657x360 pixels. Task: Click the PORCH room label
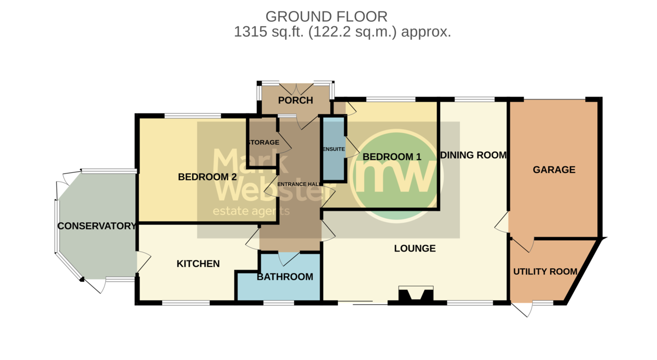tap(295, 100)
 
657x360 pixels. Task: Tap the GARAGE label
tap(554, 170)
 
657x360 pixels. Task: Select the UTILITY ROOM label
tap(545, 271)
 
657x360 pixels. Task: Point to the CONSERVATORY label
tap(97, 226)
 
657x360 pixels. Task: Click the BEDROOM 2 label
tap(208, 177)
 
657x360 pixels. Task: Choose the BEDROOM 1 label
tap(392, 156)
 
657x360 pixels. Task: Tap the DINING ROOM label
tap(474, 155)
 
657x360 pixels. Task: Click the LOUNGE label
tap(415, 248)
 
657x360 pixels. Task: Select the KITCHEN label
tap(198, 264)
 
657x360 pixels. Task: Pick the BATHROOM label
tap(285, 277)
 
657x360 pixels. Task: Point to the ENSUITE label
tap(333, 149)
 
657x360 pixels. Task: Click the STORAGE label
tap(263, 142)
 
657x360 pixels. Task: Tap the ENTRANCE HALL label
tap(299, 184)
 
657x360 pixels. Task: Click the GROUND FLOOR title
tap(326, 17)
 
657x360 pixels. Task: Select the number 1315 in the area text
tap(251, 32)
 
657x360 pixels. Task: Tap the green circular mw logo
tap(397, 176)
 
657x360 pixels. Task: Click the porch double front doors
tap(296, 89)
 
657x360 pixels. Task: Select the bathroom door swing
tap(289, 259)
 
